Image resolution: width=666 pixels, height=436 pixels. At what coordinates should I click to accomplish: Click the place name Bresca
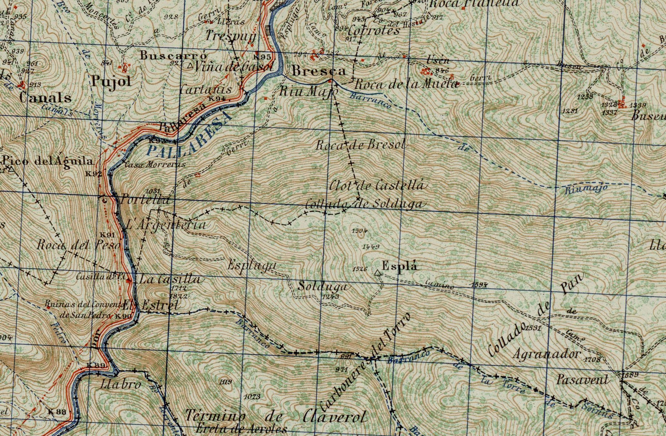pyautogui.click(x=319, y=71)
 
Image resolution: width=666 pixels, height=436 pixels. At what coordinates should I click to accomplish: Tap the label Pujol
pyautogui.click(x=111, y=82)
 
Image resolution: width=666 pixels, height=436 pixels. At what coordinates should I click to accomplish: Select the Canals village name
pyautogui.click(x=45, y=98)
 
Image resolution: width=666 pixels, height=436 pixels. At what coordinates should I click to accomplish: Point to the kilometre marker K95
pyautogui.click(x=262, y=57)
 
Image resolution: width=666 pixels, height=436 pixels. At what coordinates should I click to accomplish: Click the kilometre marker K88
pyautogui.click(x=57, y=412)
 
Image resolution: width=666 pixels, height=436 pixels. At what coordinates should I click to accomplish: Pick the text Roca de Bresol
pyautogui.click(x=360, y=145)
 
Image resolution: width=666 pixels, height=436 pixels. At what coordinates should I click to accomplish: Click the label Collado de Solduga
pyautogui.click(x=364, y=204)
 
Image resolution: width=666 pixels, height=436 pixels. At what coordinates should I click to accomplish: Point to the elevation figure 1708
pyautogui.click(x=592, y=359)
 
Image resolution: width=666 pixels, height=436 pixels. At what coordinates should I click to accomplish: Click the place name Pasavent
pyautogui.click(x=582, y=380)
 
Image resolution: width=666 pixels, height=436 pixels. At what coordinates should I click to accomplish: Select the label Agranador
pyautogui.click(x=546, y=355)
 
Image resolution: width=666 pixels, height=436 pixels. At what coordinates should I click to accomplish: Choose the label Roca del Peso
pyautogui.click(x=78, y=244)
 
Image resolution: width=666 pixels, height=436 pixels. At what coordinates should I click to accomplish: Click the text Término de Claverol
pyautogui.click(x=276, y=416)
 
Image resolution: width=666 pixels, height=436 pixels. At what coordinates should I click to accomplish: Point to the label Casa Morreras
pyautogui.click(x=155, y=165)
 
